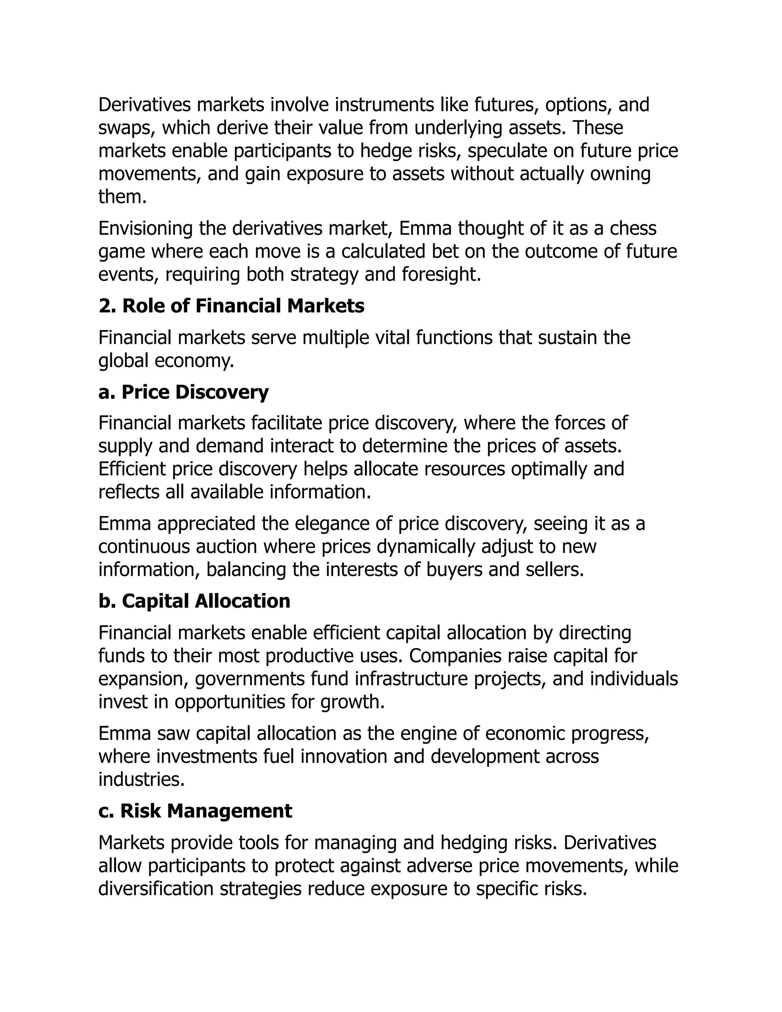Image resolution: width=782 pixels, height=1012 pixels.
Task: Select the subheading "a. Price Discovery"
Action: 183,392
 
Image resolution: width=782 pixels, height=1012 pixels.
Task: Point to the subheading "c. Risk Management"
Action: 195,811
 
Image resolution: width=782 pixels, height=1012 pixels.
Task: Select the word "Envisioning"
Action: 145,228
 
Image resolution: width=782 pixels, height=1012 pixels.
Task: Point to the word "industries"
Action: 141,779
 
